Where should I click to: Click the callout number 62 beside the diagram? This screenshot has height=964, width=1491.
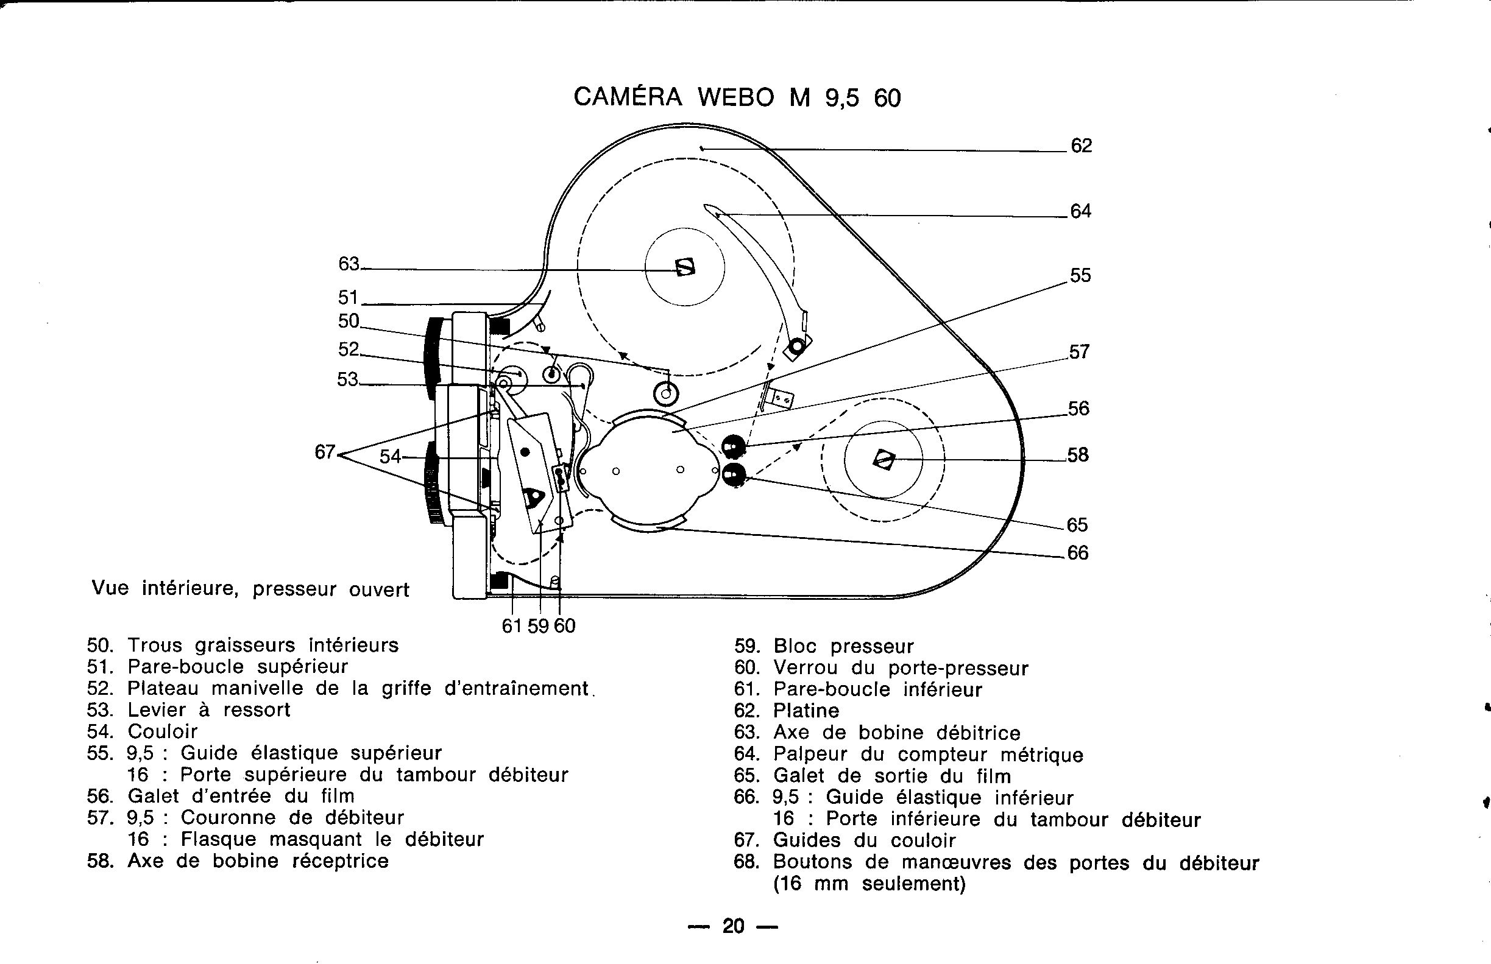coord(1081,146)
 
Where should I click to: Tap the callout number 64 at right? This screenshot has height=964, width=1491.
coord(1081,211)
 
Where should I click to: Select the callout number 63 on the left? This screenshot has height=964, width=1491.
coord(349,264)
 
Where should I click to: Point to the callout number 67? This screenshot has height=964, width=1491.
coord(325,452)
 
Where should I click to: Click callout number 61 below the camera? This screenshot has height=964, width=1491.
coord(512,625)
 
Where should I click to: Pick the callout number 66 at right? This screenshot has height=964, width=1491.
coord(1077,553)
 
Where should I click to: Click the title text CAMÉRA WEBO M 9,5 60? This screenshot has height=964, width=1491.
coord(737,97)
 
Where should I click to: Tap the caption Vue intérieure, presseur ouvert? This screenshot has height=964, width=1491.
coord(250,589)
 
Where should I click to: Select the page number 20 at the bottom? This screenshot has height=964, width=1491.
coord(732,926)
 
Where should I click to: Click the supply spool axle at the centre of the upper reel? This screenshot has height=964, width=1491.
coord(685,267)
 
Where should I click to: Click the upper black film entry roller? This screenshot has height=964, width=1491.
coord(734,447)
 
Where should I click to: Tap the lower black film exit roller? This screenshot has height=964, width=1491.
coord(734,475)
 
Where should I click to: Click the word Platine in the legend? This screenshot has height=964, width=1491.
coord(806,711)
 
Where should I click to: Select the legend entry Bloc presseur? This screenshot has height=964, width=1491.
coord(843,646)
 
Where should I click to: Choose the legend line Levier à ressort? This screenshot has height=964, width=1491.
coord(208,710)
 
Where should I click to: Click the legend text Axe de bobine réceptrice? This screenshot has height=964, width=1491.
coord(257,861)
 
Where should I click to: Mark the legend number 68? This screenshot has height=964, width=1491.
coord(746,862)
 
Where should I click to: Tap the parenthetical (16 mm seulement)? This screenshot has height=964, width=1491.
coord(869,884)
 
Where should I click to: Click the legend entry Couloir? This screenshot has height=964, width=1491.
coord(162,731)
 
